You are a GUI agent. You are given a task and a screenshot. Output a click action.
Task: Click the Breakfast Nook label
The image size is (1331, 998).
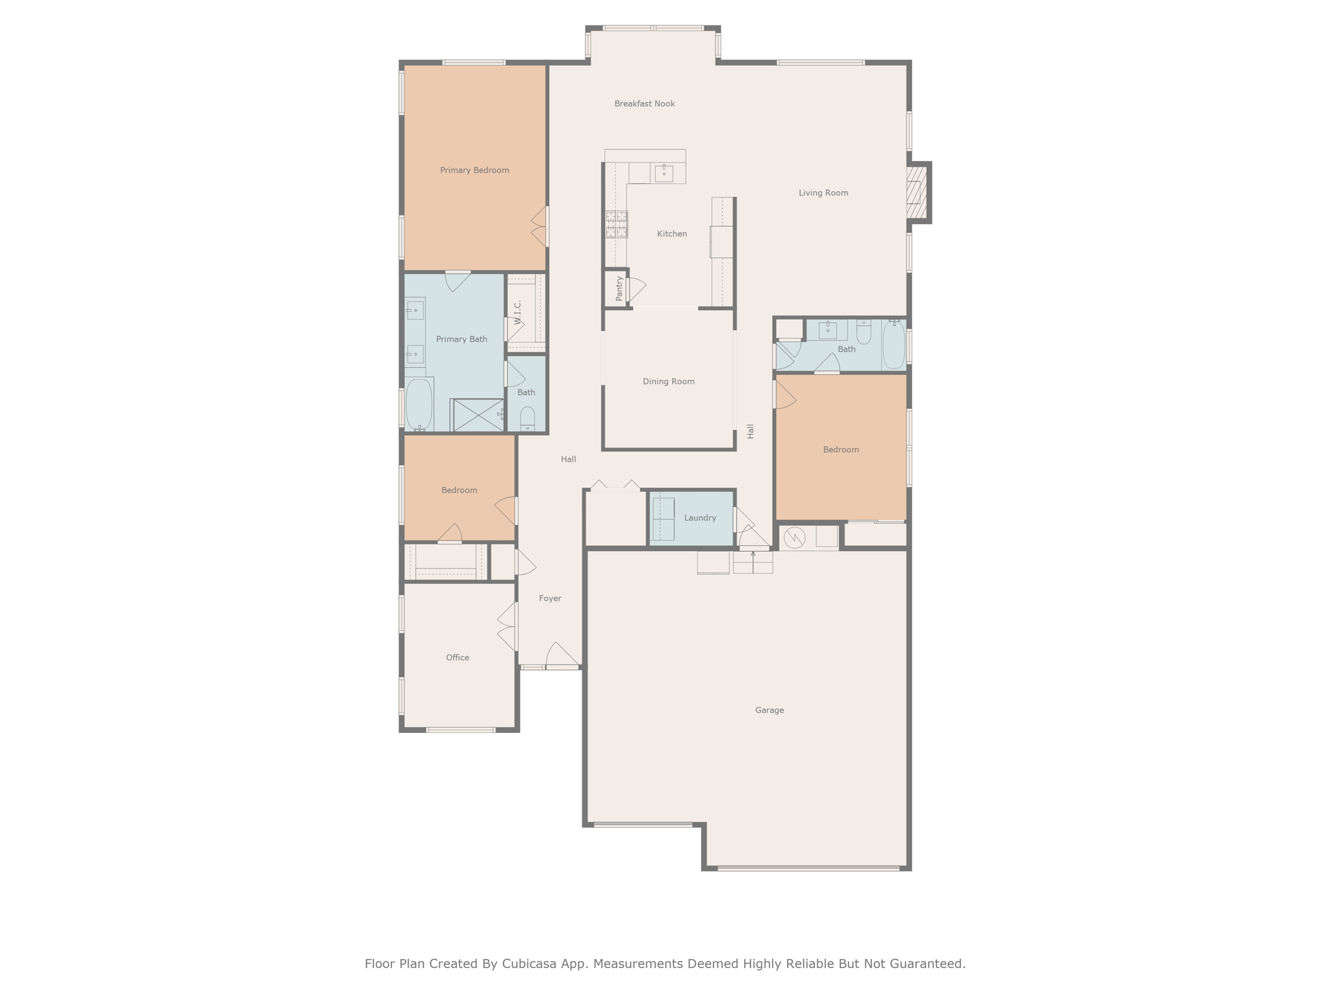click(x=644, y=104)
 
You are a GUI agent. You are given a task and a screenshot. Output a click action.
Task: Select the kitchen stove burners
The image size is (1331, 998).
click(x=616, y=224)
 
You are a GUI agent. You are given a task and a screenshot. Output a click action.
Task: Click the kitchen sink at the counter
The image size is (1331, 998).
click(x=664, y=173)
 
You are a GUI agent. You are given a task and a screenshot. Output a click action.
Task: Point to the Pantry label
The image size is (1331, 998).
click(x=619, y=288)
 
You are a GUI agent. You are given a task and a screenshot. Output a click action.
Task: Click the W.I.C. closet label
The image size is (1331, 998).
click(x=518, y=313)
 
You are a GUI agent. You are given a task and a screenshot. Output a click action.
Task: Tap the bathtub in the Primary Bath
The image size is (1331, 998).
click(x=419, y=405)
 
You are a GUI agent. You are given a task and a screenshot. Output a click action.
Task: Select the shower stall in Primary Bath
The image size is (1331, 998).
click(x=478, y=415)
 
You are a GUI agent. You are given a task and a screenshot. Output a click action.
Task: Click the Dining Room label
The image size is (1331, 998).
click(x=668, y=381)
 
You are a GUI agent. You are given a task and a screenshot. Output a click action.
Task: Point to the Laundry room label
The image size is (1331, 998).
click(x=700, y=518)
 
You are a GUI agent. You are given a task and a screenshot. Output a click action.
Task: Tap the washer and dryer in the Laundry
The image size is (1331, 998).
click(x=663, y=518)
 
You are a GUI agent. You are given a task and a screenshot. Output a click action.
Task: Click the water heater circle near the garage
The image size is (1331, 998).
click(x=794, y=537)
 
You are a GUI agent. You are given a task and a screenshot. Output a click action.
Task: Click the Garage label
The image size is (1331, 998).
click(x=769, y=710)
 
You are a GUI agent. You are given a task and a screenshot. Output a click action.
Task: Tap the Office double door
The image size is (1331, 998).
click(x=508, y=626)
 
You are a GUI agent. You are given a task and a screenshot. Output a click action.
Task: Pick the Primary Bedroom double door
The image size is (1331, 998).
click(x=540, y=227)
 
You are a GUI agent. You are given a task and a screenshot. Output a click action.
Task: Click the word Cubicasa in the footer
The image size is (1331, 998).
click(x=529, y=964)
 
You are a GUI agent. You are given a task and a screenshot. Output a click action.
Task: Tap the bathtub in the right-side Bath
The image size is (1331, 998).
click(x=894, y=344)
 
